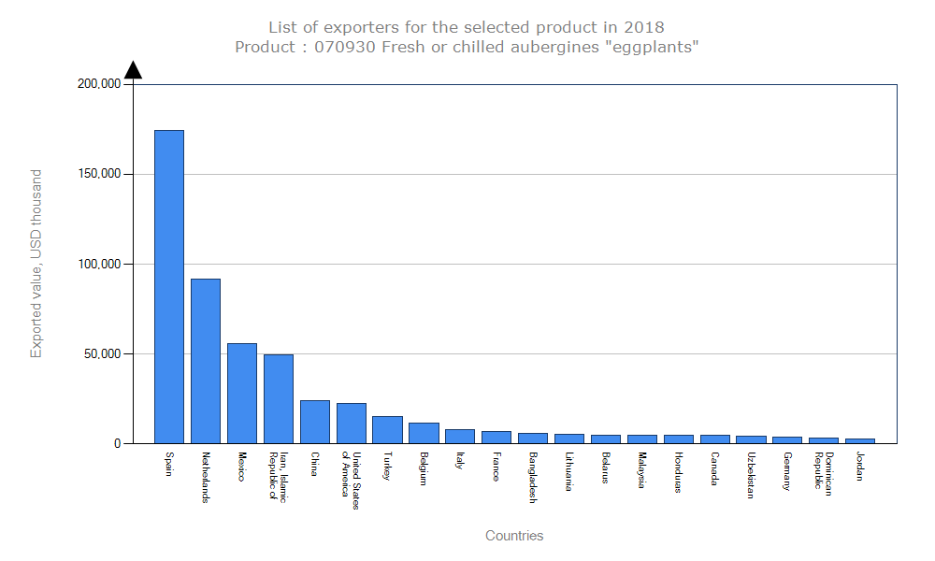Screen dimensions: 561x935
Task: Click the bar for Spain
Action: coord(169,286)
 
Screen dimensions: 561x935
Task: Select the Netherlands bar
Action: coord(206,361)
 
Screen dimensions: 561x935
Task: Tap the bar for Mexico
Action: coord(242,393)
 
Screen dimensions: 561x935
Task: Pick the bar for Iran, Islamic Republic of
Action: coord(279,398)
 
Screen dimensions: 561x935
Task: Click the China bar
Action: coord(315,422)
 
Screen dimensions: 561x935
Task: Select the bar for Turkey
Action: coord(387,429)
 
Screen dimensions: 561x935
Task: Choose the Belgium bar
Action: coord(424,433)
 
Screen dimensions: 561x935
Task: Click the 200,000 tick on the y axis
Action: coord(99,83)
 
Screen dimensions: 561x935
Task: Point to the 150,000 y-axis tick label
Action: coord(99,174)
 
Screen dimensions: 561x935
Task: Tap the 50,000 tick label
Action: coord(102,353)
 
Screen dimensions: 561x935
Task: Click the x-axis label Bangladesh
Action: coord(533,478)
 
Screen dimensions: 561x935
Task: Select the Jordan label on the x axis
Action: coord(860,467)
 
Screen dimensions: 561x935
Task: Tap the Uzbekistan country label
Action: coord(751,476)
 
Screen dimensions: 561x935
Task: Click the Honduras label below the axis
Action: coord(678,472)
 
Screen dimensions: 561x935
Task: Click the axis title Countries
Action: coord(514,536)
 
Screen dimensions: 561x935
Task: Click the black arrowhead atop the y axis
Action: coord(134,70)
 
